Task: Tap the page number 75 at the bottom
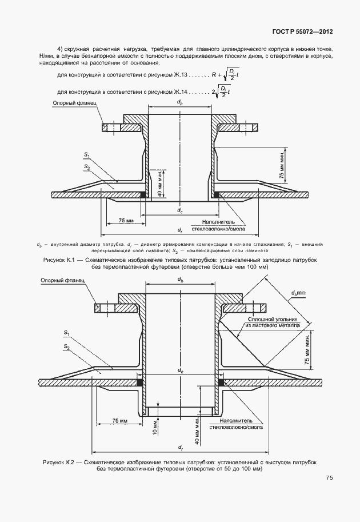click(330, 478)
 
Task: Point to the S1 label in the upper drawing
click(87, 154)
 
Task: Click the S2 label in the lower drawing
click(67, 347)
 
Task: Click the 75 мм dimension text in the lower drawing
click(119, 420)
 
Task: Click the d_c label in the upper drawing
click(180, 212)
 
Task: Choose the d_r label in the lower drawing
click(180, 447)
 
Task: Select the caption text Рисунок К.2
click(59, 461)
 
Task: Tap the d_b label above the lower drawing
click(180, 280)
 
